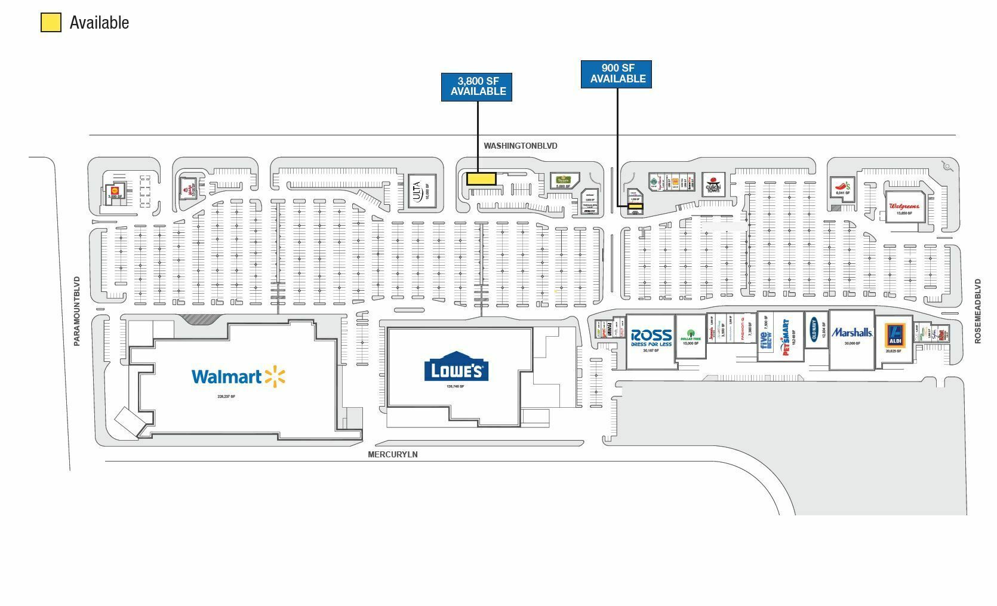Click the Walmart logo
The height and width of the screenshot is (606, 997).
238,376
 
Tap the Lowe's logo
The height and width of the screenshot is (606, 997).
457,368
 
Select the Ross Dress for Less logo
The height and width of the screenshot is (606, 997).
651,337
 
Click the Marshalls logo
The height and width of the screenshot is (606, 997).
852,333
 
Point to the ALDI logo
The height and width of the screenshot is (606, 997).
894,336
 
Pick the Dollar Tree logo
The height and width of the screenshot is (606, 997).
690,336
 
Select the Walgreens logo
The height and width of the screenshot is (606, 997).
904,206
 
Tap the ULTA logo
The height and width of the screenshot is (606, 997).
417,191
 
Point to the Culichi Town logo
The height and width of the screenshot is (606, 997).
713,183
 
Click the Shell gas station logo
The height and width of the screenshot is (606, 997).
114,190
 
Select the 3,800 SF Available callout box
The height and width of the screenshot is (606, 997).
476,87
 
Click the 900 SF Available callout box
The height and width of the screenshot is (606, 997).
616,74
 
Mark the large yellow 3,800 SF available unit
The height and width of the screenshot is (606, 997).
481,179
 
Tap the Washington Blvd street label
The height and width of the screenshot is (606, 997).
520,146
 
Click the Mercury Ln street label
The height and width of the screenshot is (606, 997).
392,454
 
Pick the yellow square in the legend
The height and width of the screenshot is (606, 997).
51,23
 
